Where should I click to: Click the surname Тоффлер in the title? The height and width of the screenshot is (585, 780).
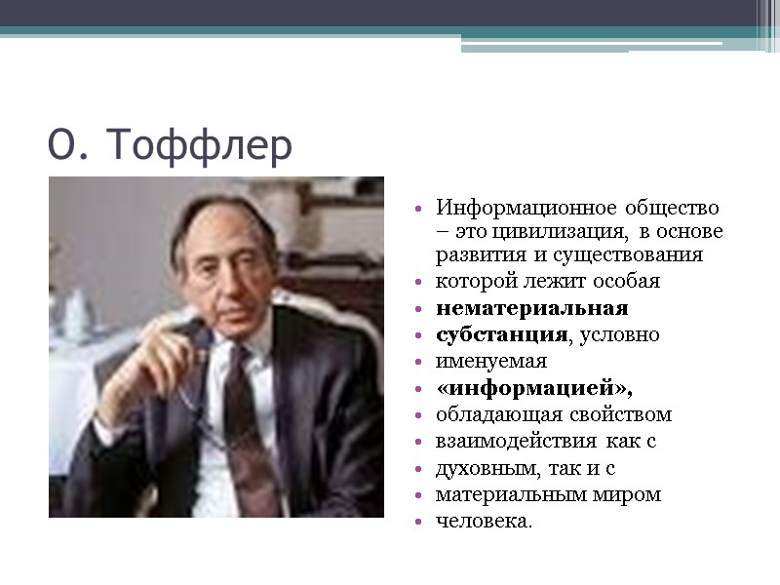click(x=200, y=146)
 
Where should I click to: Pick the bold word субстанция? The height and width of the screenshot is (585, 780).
click(x=500, y=334)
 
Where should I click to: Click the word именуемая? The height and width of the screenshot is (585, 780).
click(x=491, y=361)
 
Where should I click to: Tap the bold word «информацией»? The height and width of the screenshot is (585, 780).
click(x=533, y=388)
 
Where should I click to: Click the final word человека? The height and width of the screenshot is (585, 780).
click(x=483, y=521)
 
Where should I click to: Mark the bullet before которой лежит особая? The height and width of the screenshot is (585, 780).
click(x=418, y=283)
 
